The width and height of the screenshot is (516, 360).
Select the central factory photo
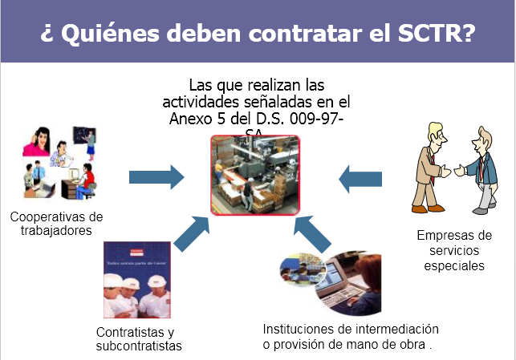(x=254, y=174)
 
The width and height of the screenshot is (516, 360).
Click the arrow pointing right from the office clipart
(x=156, y=174)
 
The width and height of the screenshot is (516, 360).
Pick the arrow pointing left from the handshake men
(x=365, y=177)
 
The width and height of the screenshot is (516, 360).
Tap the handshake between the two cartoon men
(x=453, y=170)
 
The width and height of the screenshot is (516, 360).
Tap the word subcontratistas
(x=139, y=346)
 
